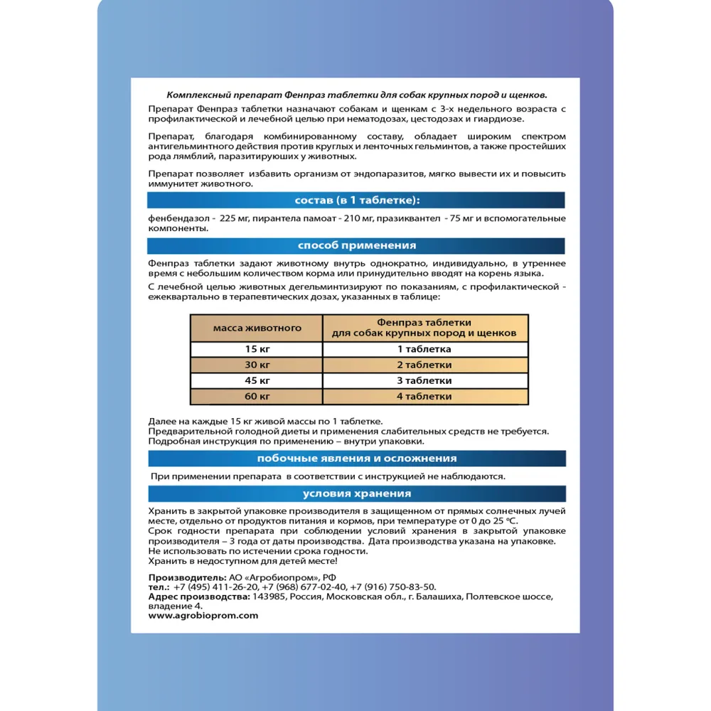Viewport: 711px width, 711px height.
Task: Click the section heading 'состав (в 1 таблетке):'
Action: (356, 200)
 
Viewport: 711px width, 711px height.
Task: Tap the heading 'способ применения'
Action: (356, 246)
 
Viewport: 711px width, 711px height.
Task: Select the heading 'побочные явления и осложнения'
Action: (356, 458)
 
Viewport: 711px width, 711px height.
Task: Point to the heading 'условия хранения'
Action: (356, 494)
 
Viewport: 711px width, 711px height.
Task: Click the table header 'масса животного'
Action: (257, 328)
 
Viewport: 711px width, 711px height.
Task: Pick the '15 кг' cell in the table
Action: (257, 349)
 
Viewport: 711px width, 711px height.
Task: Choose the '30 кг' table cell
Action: (257, 365)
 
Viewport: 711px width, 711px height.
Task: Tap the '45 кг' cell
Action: (257, 380)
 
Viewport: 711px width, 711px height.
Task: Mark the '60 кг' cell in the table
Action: (257, 396)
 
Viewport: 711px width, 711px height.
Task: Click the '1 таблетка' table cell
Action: (424, 349)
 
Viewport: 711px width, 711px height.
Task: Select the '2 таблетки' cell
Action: (424, 365)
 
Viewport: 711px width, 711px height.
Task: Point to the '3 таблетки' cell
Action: (424, 380)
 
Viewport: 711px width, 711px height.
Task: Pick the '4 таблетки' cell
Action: (424, 396)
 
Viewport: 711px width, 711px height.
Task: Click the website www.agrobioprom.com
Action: (203, 616)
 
